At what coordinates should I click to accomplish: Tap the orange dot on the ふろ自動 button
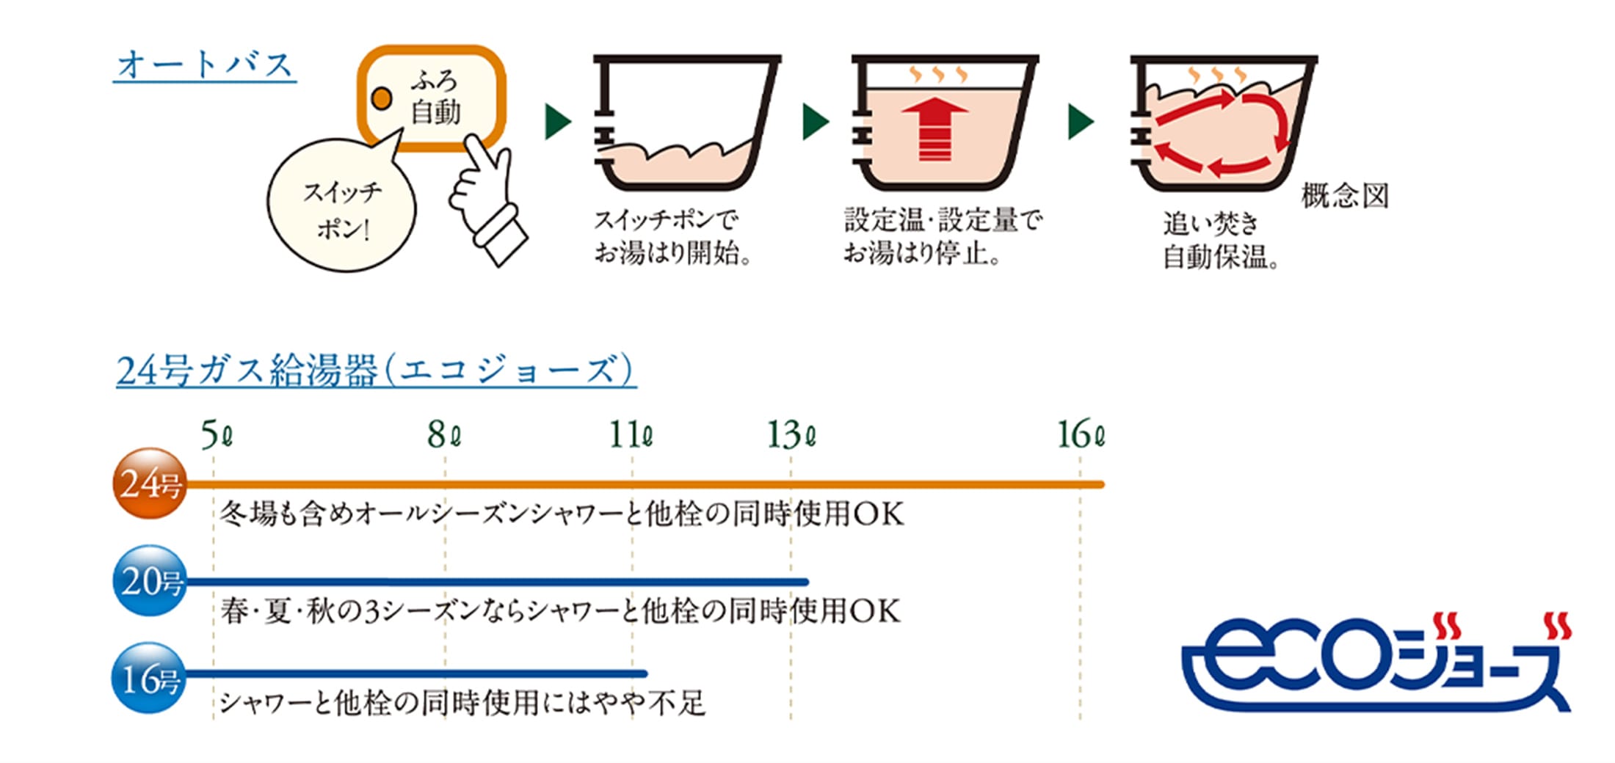tap(381, 98)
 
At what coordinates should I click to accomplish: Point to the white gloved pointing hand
tap(485, 198)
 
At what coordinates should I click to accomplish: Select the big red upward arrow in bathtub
tap(934, 129)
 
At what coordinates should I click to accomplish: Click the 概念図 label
tap(1345, 196)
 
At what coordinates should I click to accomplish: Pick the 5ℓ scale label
tap(217, 435)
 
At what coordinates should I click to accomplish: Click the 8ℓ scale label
tap(445, 435)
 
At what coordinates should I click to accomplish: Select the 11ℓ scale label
tap(631, 435)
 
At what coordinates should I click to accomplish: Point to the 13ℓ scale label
tap(791, 435)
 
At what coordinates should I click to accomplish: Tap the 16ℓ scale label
tap(1081, 435)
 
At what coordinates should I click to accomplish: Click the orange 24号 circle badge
tap(150, 483)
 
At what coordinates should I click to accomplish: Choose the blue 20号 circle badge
tap(150, 581)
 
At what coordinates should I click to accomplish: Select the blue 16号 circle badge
tap(150, 678)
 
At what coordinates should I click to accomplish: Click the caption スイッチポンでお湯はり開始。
tap(672, 236)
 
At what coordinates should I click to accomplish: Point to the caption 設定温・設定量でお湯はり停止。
tap(943, 236)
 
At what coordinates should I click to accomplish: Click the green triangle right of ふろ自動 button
tap(558, 122)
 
